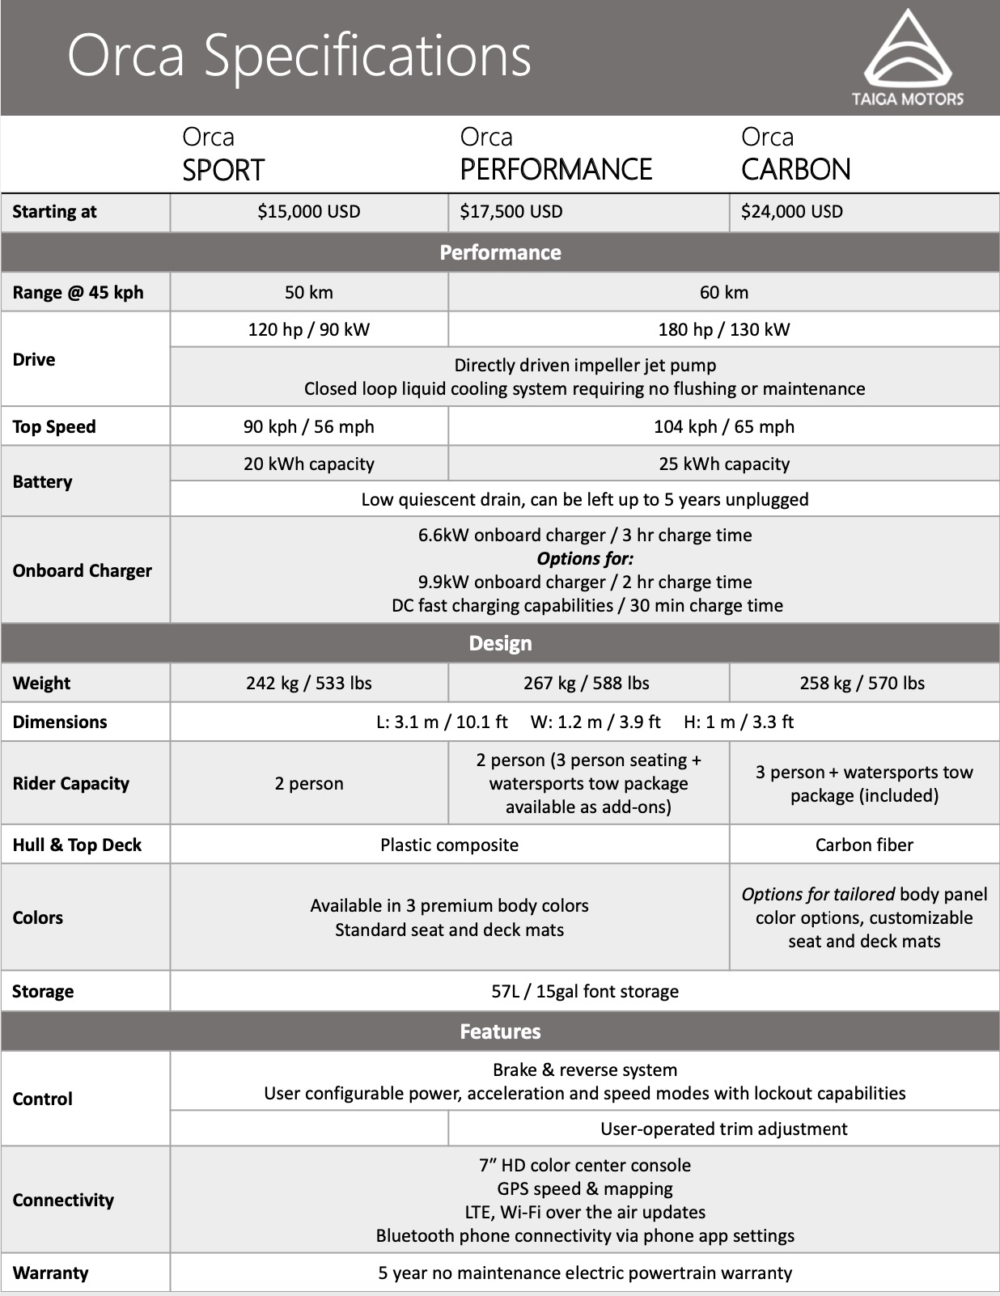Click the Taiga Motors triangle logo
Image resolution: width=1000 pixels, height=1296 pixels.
tap(907, 50)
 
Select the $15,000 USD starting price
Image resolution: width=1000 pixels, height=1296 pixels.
tap(308, 212)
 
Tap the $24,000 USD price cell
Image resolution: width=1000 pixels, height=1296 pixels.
tap(792, 212)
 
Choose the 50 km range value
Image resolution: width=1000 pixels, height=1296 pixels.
tap(308, 292)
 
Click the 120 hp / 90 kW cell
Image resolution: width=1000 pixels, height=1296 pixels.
tap(308, 329)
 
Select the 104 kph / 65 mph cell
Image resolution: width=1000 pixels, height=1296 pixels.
tap(723, 426)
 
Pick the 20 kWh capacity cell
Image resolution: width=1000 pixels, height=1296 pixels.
tap(308, 464)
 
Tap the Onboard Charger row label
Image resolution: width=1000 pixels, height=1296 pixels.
tap(82, 570)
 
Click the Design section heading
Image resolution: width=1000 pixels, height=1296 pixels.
tap(500, 643)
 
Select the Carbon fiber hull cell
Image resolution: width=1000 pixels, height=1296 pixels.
tap(863, 845)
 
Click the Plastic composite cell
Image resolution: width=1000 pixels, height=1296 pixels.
tap(449, 845)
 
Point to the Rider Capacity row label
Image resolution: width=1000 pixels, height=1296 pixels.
tap(70, 783)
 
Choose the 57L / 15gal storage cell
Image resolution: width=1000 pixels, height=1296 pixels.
tap(584, 991)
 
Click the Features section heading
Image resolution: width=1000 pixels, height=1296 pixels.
tap(500, 1031)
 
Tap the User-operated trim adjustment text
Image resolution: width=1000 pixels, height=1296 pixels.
tap(723, 1129)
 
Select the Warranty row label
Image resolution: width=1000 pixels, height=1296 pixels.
tap(50, 1273)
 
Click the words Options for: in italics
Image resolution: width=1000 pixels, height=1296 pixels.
tap(584, 558)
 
